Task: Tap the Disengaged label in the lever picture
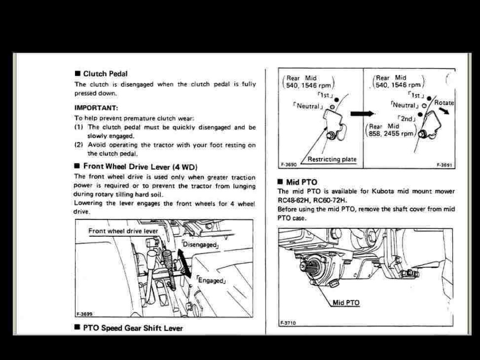[200, 245]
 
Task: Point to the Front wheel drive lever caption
[123, 231]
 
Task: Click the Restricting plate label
[332, 159]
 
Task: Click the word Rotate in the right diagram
[443, 102]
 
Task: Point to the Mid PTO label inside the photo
[346, 302]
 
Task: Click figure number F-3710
[288, 323]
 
